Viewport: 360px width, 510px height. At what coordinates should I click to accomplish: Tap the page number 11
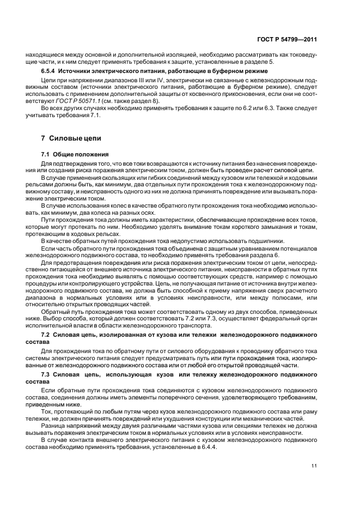click(314, 466)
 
